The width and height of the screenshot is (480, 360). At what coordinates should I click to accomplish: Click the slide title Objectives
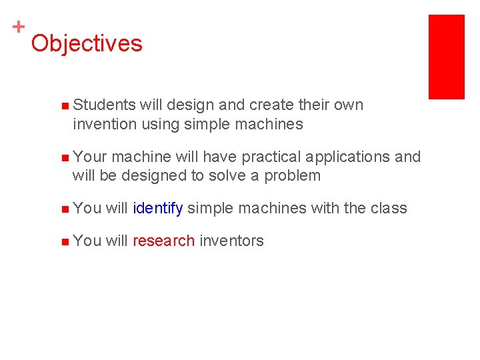tap(86, 44)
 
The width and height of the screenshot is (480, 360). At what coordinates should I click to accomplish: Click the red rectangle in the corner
tap(446, 57)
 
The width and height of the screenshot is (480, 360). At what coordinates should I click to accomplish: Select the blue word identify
tap(157, 209)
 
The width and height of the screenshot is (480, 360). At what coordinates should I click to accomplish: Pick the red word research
tap(163, 241)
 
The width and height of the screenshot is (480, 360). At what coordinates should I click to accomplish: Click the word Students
tap(105, 105)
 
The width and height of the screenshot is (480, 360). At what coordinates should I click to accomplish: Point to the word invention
tap(104, 124)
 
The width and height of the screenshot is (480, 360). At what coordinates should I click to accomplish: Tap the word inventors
tap(231, 241)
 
